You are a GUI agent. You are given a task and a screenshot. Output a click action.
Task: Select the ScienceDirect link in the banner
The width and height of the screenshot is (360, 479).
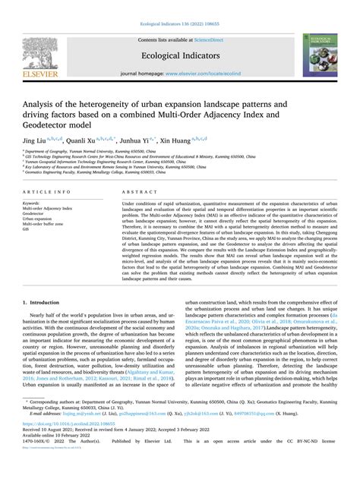(206, 37)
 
